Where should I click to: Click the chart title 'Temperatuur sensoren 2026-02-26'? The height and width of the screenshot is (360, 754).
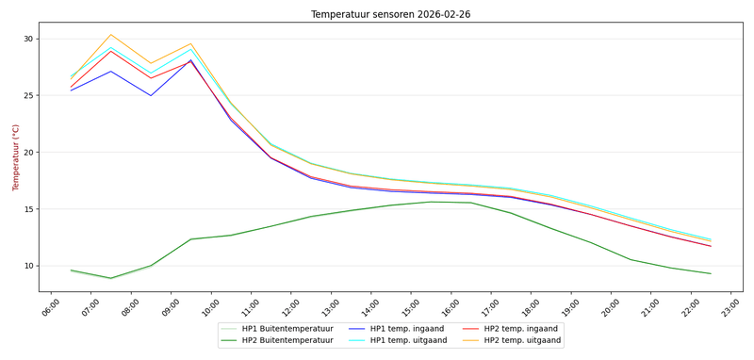pyautogui.click(x=390, y=14)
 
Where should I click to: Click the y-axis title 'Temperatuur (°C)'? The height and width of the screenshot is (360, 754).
pyautogui.click(x=16, y=156)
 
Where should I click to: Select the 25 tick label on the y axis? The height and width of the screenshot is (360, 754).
pyautogui.click(x=26, y=95)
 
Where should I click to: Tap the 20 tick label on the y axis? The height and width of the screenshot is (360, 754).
pyautogui.click(x=26, y=153)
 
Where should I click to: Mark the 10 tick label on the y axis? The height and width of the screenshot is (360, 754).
pyautogui.click(x=26, y=266)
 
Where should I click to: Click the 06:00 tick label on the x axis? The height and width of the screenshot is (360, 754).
pyautogui.click(x=53, y=307)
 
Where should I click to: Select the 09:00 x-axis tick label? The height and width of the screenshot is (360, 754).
pyautogui.click(x=172, y=307)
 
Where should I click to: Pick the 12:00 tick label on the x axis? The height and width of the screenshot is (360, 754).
pyautogui.click(x=292, y=307)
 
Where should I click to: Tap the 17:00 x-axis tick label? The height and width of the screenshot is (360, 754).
pyautogui.click(x=492, y=307)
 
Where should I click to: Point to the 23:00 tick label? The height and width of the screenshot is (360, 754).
pyautogui.click(x=731, y=307)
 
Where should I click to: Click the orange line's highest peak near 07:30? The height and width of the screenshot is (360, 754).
pyautogui.click(x=110, y=35)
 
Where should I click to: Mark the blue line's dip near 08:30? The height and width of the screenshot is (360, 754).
pyautogui.click(x=151, y=95)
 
